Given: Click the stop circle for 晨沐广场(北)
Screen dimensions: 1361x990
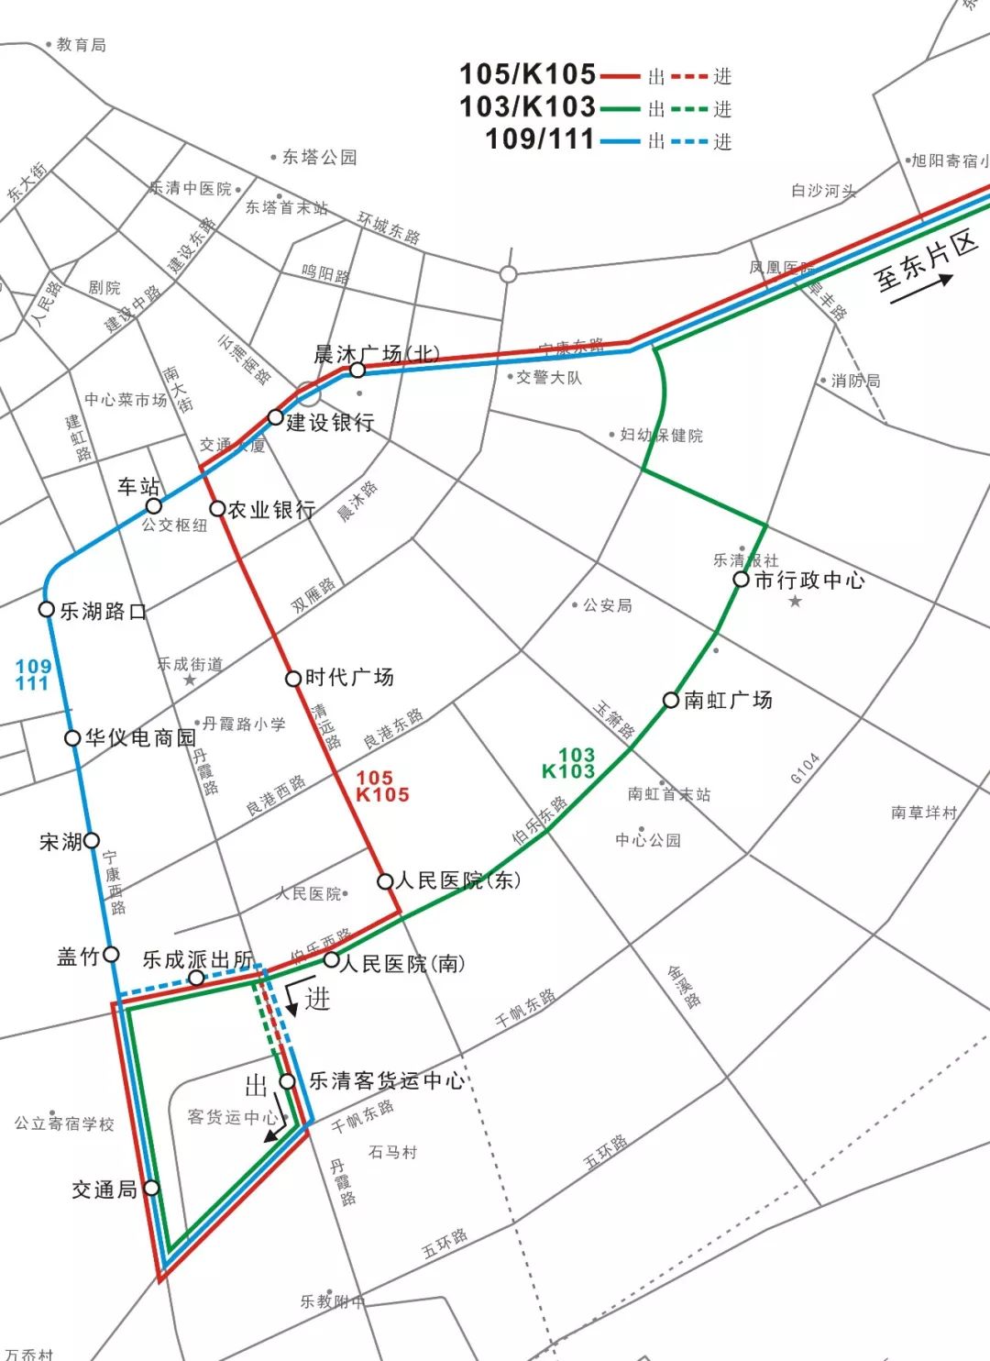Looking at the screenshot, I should (357, 370).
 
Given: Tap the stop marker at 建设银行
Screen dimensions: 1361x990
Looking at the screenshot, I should (275, 417).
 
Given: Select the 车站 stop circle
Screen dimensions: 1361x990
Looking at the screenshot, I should (154, 506).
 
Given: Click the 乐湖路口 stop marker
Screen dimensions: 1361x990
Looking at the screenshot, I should (47, 609).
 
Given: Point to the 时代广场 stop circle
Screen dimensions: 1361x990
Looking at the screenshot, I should (293, 679).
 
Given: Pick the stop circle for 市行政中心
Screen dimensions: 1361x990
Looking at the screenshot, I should (741, 579).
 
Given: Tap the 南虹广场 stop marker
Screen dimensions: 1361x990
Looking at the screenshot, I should (671, 701).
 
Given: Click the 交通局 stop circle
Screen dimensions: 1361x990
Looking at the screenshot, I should (151, 1188).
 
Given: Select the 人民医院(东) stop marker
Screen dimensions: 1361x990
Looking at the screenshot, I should (386, 881).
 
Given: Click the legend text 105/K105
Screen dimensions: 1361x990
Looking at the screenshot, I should (527, 74).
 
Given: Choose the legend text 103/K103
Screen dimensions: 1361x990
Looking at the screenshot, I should (527, 106).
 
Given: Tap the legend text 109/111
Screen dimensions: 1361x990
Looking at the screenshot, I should (540, 138).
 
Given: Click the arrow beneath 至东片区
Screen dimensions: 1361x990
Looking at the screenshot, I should (927, 285).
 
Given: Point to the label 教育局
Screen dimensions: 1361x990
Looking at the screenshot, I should (81, 44).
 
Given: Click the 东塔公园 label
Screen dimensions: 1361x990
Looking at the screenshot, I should (319, 157).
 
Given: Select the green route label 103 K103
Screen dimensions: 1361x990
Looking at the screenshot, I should (570, 763).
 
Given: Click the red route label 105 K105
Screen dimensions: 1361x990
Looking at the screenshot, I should (380, 787).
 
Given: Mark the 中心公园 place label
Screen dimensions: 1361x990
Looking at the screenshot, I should (648, 839).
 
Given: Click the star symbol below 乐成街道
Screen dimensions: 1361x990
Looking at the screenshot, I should (190, 680).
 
